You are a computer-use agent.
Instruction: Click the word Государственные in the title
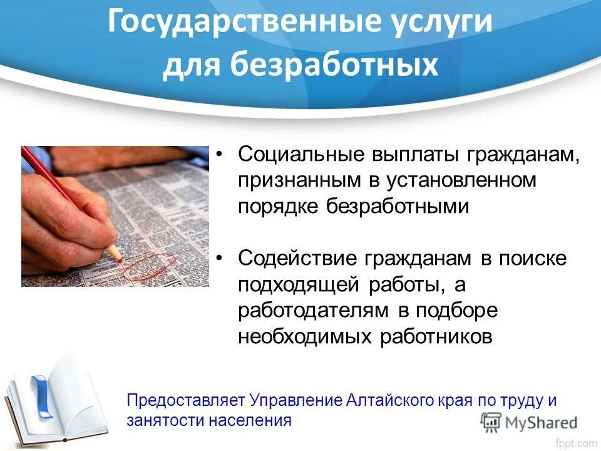pyautogui.click(x=242, y=24)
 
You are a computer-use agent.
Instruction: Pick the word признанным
pyautogui.click(x=293, y=180)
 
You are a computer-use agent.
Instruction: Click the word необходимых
pyautogui.click(x=303, y=336)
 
